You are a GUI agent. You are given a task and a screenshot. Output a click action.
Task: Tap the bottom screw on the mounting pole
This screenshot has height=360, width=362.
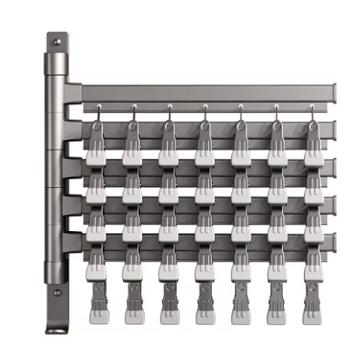point(56,293)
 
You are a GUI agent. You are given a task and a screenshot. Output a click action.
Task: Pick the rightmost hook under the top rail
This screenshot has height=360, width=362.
point(313,111)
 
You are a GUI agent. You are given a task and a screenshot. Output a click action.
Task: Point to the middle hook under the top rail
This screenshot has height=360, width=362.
point(205,111)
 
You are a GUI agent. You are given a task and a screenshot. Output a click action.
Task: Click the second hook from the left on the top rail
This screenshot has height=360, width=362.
point(132,111)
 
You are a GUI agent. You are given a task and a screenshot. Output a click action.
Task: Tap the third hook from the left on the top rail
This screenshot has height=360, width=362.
point(169,111)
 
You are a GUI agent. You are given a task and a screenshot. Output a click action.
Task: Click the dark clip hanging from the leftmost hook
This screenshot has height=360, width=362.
point(96,134)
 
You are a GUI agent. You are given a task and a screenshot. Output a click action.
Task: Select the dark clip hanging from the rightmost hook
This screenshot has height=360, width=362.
point(313,134)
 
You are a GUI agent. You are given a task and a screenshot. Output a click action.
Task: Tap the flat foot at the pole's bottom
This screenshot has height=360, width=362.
point(56,331)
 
